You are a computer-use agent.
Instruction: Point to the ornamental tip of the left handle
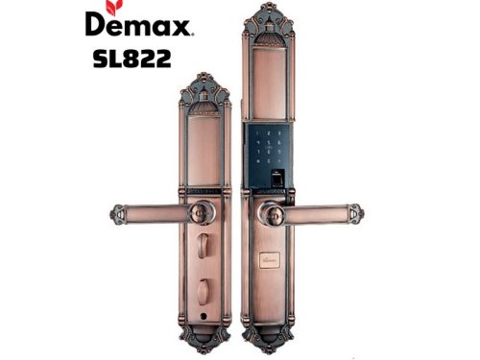point(118,213)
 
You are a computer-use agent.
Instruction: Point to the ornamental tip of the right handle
point(355,213)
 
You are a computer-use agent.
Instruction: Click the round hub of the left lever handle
point(201,213)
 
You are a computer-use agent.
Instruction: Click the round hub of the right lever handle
point(271,213)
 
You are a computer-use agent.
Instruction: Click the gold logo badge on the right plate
point(270,259)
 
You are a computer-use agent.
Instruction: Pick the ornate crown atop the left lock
point(203,88)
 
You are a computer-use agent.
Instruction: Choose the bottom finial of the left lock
point(204,338)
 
